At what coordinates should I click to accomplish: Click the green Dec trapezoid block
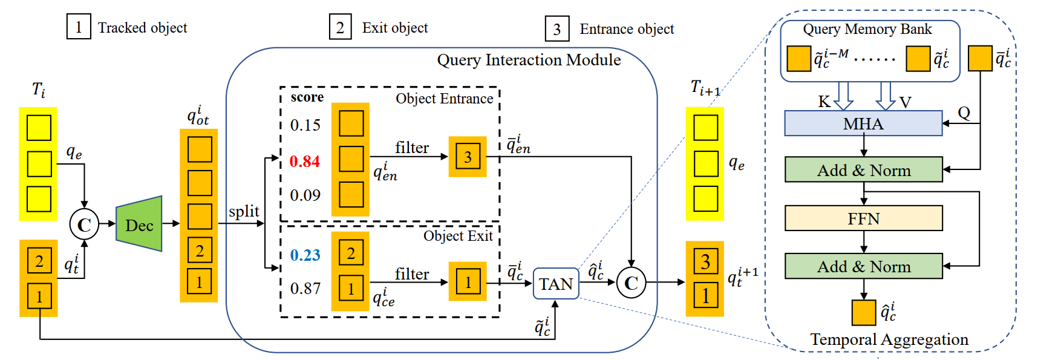tap(139, 224)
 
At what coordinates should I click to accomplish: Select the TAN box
tap(555, 284)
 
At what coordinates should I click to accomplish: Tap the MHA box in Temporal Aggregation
tap(863, 123)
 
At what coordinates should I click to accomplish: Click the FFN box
tap(863, 218)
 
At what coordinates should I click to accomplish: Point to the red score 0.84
tap(304, 162)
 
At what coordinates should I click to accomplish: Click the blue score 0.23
tap(305, 255)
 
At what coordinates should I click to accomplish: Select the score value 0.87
tap(305, 289)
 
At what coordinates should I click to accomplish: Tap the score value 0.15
tap(305, 125)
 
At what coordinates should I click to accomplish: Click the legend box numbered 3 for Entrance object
tap(557, 29)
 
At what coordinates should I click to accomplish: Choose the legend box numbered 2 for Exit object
tap(340, 28)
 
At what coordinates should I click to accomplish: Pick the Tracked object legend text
tap(142, 28)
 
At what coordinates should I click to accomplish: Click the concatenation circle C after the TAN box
tap(631, 283)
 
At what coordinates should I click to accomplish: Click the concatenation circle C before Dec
tap(84, 224)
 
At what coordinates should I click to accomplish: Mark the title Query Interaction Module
tap(529, 60)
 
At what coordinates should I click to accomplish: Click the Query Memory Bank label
tap(867, 29)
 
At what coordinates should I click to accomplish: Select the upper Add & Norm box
tap(863, 170)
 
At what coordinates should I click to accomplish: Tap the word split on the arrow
tap(244, 211)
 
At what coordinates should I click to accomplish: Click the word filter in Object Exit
tap(411, 274)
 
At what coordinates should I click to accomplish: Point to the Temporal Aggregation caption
tap(889, 339)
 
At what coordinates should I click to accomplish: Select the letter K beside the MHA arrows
tap(824, 102)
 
